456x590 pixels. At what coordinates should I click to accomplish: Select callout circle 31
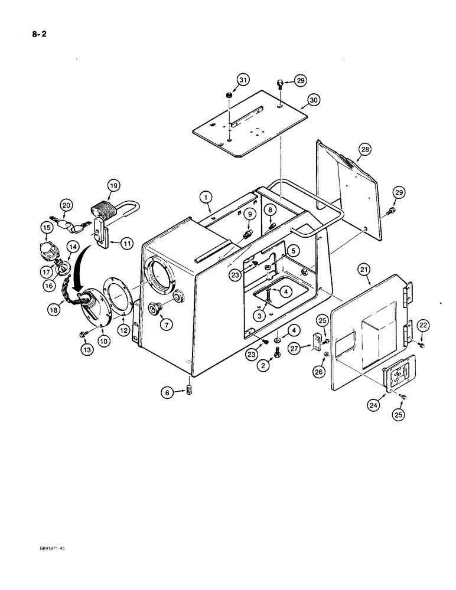tap(243, 80)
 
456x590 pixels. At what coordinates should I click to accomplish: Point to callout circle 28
tap(364, 150)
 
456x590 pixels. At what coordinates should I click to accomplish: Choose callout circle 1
tap(206, 195)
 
